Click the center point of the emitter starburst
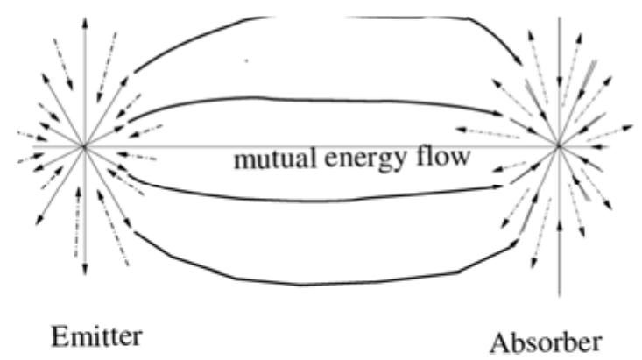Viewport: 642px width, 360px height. [x=84, y=145]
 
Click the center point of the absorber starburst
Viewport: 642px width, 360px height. [x=558, y=145]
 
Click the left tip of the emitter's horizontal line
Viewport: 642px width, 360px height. [x=16, y=145]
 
